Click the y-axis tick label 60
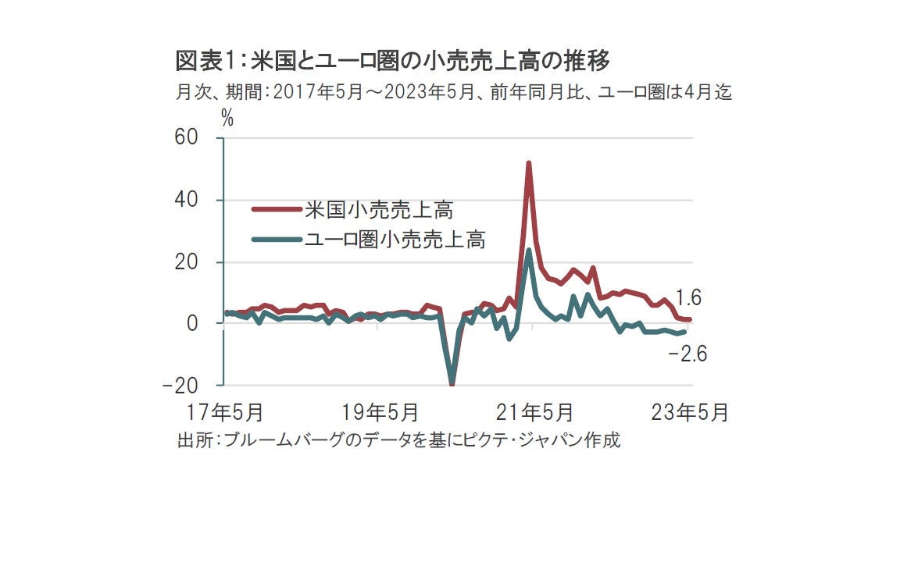(197, 138)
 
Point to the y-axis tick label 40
(197, 201)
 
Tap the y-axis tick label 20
(197, 262)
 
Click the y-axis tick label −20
(190, 386)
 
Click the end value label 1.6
(689, 297)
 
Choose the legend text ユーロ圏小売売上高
(397, 240)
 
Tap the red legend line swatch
(277, 210)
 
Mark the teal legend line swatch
(277, 240)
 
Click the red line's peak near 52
(529, 164)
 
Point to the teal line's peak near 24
(529, 251)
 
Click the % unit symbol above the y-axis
(227, 119)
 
